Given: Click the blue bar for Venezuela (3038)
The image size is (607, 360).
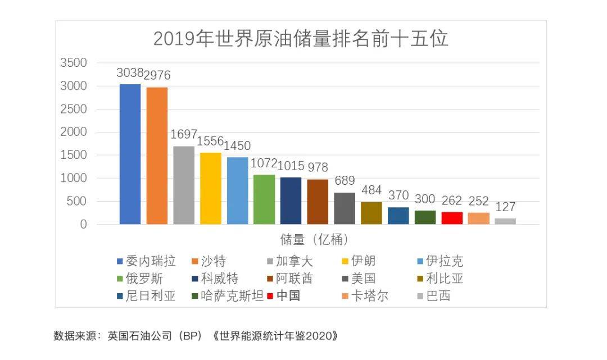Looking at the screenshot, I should coord(130,154).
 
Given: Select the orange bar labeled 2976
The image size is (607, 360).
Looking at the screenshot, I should coord(157,156).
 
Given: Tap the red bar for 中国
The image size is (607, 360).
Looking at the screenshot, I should coord(452,218).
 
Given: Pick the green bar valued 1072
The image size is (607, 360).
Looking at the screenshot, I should coord(264,199).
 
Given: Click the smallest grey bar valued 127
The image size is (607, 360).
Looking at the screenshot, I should coord(505,221).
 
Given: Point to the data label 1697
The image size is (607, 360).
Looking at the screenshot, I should coord(184,135).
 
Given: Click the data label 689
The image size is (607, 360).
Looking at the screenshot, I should coord(345,181).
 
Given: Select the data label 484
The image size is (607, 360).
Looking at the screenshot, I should coord(372,190).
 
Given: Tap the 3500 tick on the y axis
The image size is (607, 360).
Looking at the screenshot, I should coord(74,63).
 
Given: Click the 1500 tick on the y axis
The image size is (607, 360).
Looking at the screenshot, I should coord(74,155).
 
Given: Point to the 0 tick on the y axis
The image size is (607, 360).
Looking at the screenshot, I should coord(83,224).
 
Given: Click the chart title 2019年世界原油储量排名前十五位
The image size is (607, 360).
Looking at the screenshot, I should coord(301,39).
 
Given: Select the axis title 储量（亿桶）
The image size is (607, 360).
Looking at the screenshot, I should coord(315,240).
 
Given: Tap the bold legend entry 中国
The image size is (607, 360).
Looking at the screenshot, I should coord(287,296).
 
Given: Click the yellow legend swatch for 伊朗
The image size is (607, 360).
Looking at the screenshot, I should coord(345,261).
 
